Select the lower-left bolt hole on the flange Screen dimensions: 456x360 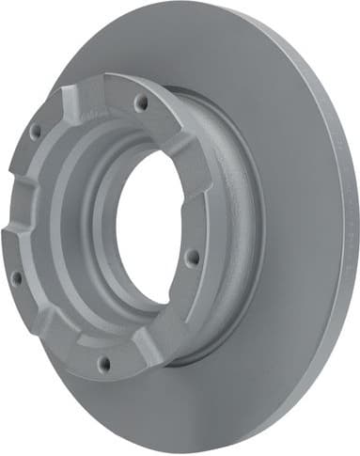16,277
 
